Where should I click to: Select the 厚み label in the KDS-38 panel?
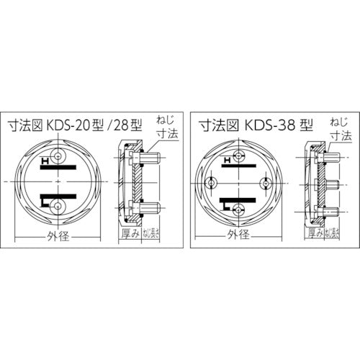tap(314, 233)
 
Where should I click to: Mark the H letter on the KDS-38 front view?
tap(228, 160)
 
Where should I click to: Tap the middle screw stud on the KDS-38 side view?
tap(331, 182)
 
